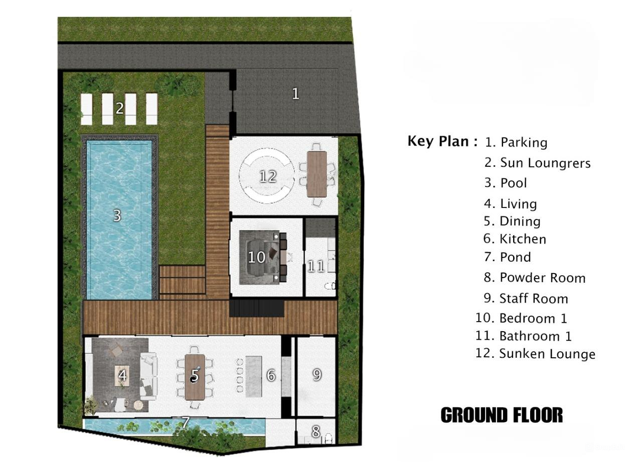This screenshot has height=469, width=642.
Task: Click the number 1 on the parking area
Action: click(x=295, y=94)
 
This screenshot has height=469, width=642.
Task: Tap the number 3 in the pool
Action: click(x=117, y=215)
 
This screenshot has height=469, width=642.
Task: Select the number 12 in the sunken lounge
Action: click(x=268, y=176)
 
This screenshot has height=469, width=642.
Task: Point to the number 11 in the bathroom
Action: click(x=315, y=266)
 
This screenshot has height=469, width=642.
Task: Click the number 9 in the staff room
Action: click(x=316, y=374)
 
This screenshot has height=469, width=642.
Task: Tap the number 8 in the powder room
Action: click(x=315, y=431)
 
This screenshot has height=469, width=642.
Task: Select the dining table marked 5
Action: click(x=195, y=377)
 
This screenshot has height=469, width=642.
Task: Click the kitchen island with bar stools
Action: click(x=253, y=374)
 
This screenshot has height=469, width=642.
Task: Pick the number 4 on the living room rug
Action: click(x=122, y=375)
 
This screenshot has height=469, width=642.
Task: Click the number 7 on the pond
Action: click(x=185, y=422)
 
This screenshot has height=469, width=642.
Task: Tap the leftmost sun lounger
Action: click(x=87, y=109)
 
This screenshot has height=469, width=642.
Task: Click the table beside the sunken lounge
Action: click(x=316, y=174)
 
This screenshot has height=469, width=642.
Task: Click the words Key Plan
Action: click(x=442, y=141)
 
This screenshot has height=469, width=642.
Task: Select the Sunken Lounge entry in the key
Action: click(x=547, y=354)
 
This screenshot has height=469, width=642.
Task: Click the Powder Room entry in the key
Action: click(x=542, y=278)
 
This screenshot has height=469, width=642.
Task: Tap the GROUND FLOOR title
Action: click(x=502, y=415)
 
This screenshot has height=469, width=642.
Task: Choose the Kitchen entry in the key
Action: click(x=522, y=239)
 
